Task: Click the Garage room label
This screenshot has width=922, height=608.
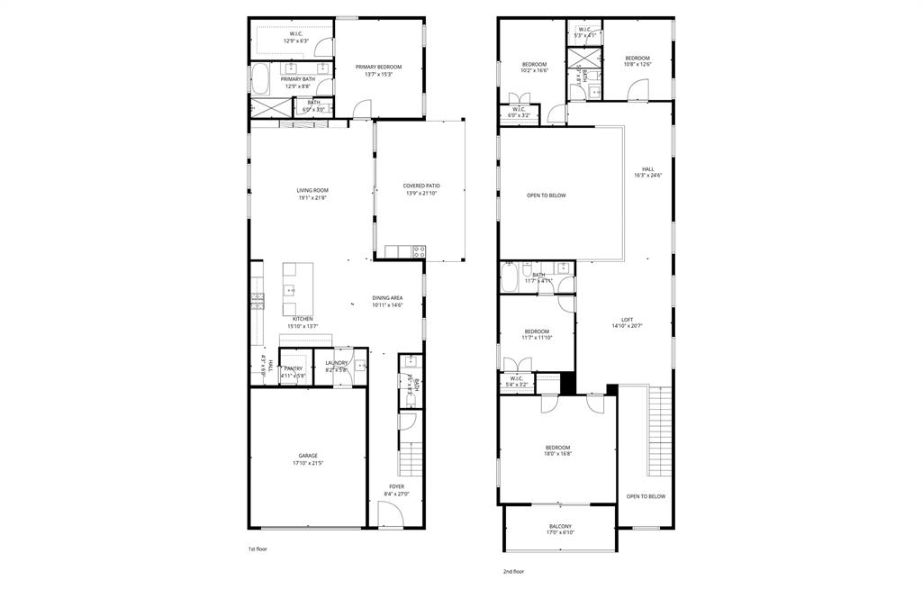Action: click(x=307, y=459)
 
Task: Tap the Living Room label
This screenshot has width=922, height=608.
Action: click(x=312, y=194)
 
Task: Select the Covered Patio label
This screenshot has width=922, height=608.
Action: click(x=420, y=189)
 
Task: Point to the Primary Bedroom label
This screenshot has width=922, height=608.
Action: click(x=378, y=70)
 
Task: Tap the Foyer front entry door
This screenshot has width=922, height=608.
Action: click(x=391, y=516)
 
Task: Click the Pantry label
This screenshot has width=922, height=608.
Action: click(x=294, y=371)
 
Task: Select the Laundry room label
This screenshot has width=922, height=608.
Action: click(x=336, y=366)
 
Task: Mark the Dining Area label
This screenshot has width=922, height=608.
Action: click(x=387, y=301)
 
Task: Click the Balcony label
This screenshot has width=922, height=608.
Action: click(x=560, y=530)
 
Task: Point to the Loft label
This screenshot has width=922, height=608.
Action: click(x=627, y=322)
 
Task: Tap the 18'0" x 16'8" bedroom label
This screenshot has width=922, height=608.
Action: click(x=557, y=450)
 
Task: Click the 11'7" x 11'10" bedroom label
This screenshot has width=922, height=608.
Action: click(x=537, y=334)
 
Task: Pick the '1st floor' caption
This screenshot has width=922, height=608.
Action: click(x=258, y=549)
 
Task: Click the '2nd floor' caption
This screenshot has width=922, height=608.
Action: click(x=513, y=571)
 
